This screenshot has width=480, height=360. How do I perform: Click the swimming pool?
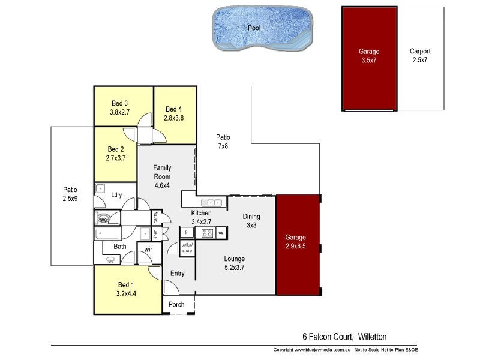pos(263,28)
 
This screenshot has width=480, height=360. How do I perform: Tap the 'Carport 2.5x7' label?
pos(420,55)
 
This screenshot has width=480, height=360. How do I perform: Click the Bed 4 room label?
pos(174,113)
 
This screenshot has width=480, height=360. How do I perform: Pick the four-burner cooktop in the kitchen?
pos(207,233)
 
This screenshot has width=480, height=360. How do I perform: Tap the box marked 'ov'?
pos(221,232)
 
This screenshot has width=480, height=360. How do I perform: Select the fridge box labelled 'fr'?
pos(187,232)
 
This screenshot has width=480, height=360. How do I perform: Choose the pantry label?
pos(155,217)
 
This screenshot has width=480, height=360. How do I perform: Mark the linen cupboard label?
pos(155,233)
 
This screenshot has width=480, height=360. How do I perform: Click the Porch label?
pos(176,304)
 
